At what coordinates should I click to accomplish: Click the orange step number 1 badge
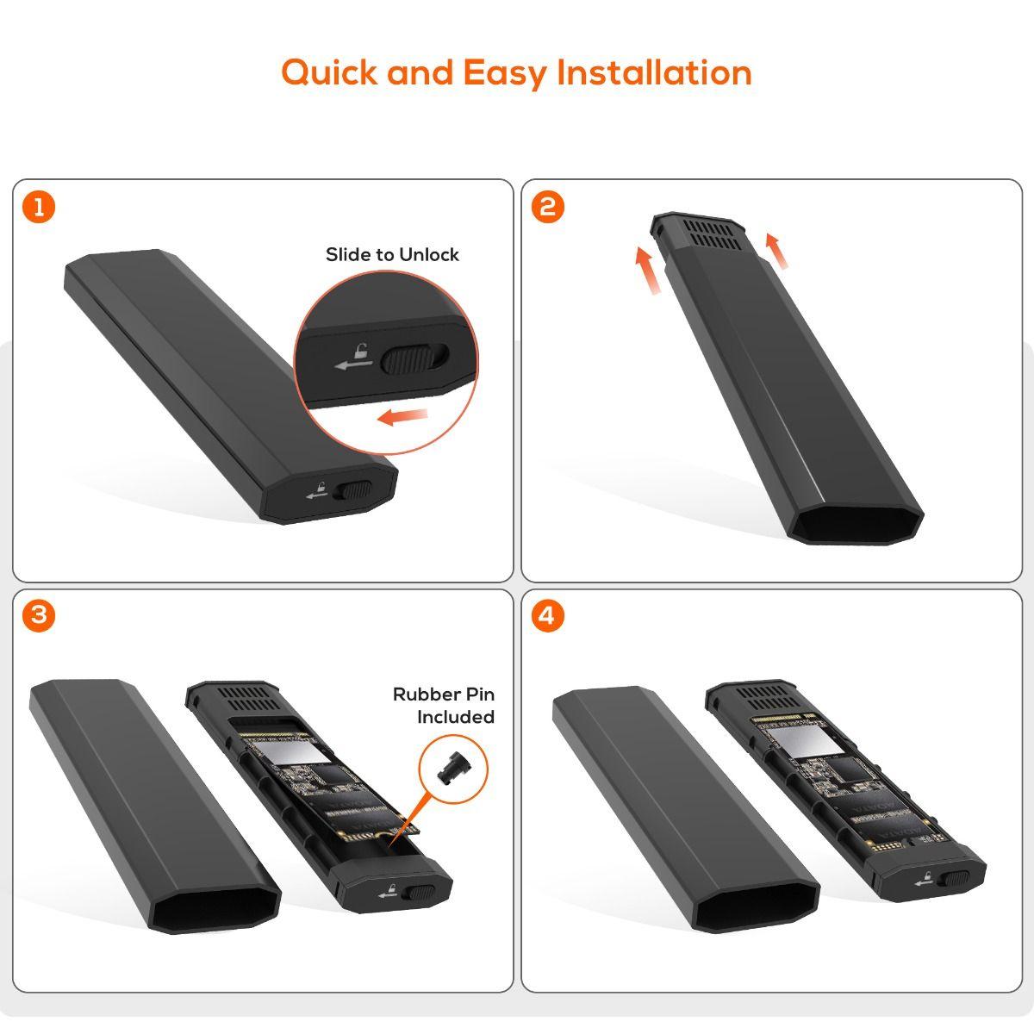pos(39,208)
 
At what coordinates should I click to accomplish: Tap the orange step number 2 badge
pos(548,208)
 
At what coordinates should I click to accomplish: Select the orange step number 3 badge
pos(39,616)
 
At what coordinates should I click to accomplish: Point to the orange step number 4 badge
pos(548,616)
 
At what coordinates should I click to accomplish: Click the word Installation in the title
pos(654,72)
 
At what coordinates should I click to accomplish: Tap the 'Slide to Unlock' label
pos(392,254)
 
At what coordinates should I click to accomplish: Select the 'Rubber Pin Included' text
pos(444,706)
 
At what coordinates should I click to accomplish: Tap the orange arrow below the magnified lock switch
pos(403,418)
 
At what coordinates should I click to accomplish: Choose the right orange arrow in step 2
pos(776,251)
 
